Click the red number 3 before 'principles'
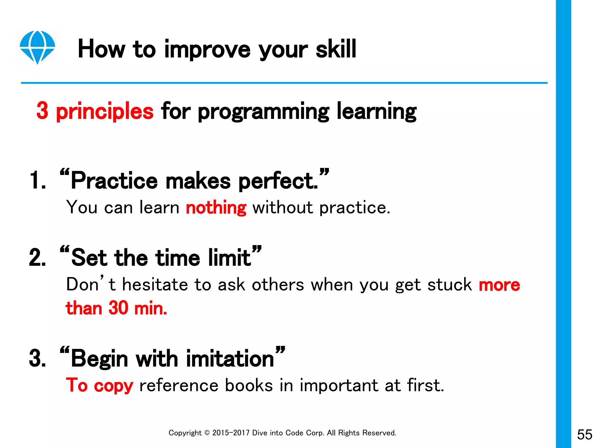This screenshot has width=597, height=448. (43, 111)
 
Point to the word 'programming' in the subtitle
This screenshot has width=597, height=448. (264, 112)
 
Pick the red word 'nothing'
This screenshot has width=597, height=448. (216, 208)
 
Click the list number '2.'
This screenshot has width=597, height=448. (38, 258)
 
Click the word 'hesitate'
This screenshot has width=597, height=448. (155, 285)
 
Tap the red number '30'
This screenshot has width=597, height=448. (118, 308)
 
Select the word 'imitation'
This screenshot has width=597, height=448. (230, 359)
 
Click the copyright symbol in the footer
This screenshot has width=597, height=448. (207, 433)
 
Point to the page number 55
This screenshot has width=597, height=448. (584, 435)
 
